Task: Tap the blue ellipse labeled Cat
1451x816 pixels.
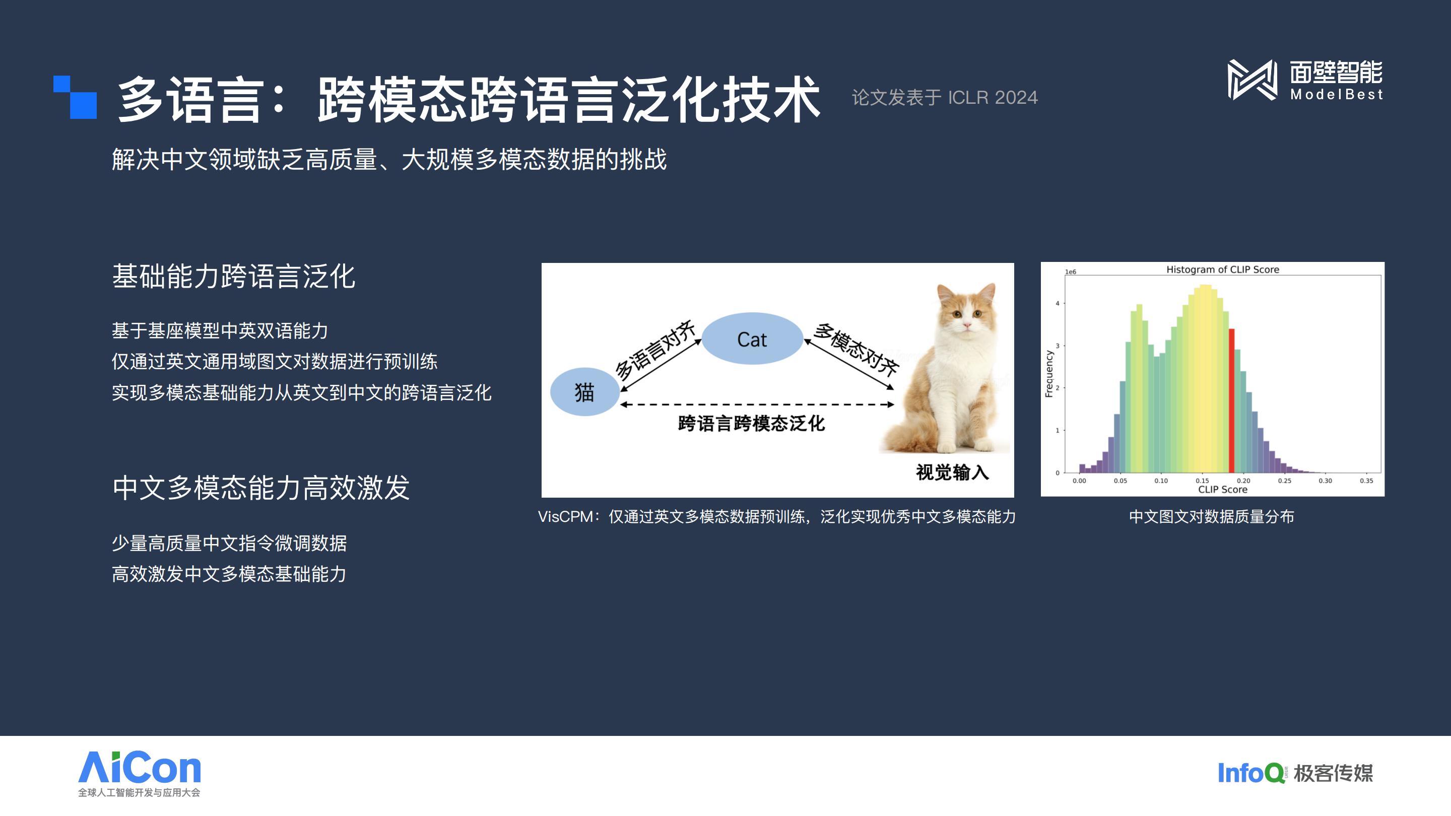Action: point(752,338)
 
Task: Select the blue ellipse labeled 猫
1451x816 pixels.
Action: point(584,392)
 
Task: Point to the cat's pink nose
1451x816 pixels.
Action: point(967,325)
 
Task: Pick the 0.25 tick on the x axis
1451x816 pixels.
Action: point(1284,481)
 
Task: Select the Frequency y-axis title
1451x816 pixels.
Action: point(1049,374)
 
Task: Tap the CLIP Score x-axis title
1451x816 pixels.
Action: point(1222,490)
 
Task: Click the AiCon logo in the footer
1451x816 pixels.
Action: point(139,774)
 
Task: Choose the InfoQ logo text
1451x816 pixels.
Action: point(1251,773)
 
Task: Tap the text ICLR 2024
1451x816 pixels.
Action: point(993,97)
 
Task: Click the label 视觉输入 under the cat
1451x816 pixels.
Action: point(952,472)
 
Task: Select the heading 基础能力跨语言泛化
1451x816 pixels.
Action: point(234,277)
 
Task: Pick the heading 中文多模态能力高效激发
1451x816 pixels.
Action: point(261,488)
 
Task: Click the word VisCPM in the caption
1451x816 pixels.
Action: point(565,516)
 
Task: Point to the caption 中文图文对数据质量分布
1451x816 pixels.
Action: point(1212,516)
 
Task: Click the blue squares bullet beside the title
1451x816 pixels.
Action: point(75,97)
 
